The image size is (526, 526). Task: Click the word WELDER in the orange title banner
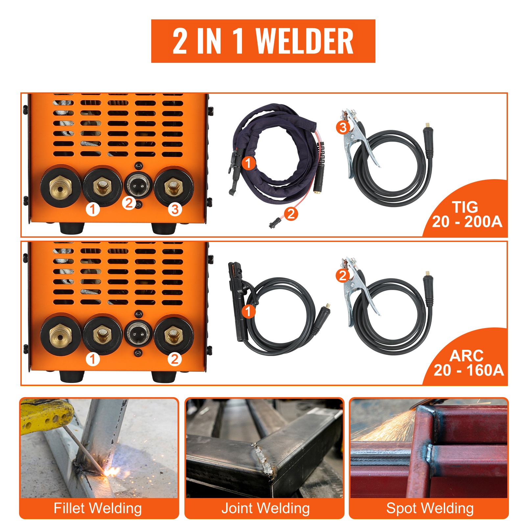[304, 41]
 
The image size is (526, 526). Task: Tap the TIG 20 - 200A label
[467, 214]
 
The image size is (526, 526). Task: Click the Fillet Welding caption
[98, 508]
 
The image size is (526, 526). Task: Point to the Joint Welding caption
[265, 508]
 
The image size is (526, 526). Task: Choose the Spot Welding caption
[430, 508]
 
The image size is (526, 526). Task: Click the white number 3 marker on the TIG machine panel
[175, 209]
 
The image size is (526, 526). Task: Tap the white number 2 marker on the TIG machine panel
[129, 203]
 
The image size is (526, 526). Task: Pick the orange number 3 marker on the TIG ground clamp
[343, 127]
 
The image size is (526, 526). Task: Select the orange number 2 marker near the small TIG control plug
[291, 214]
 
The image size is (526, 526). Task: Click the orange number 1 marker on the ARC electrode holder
[248, 311]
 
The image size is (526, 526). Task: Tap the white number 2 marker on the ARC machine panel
[175, 359]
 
